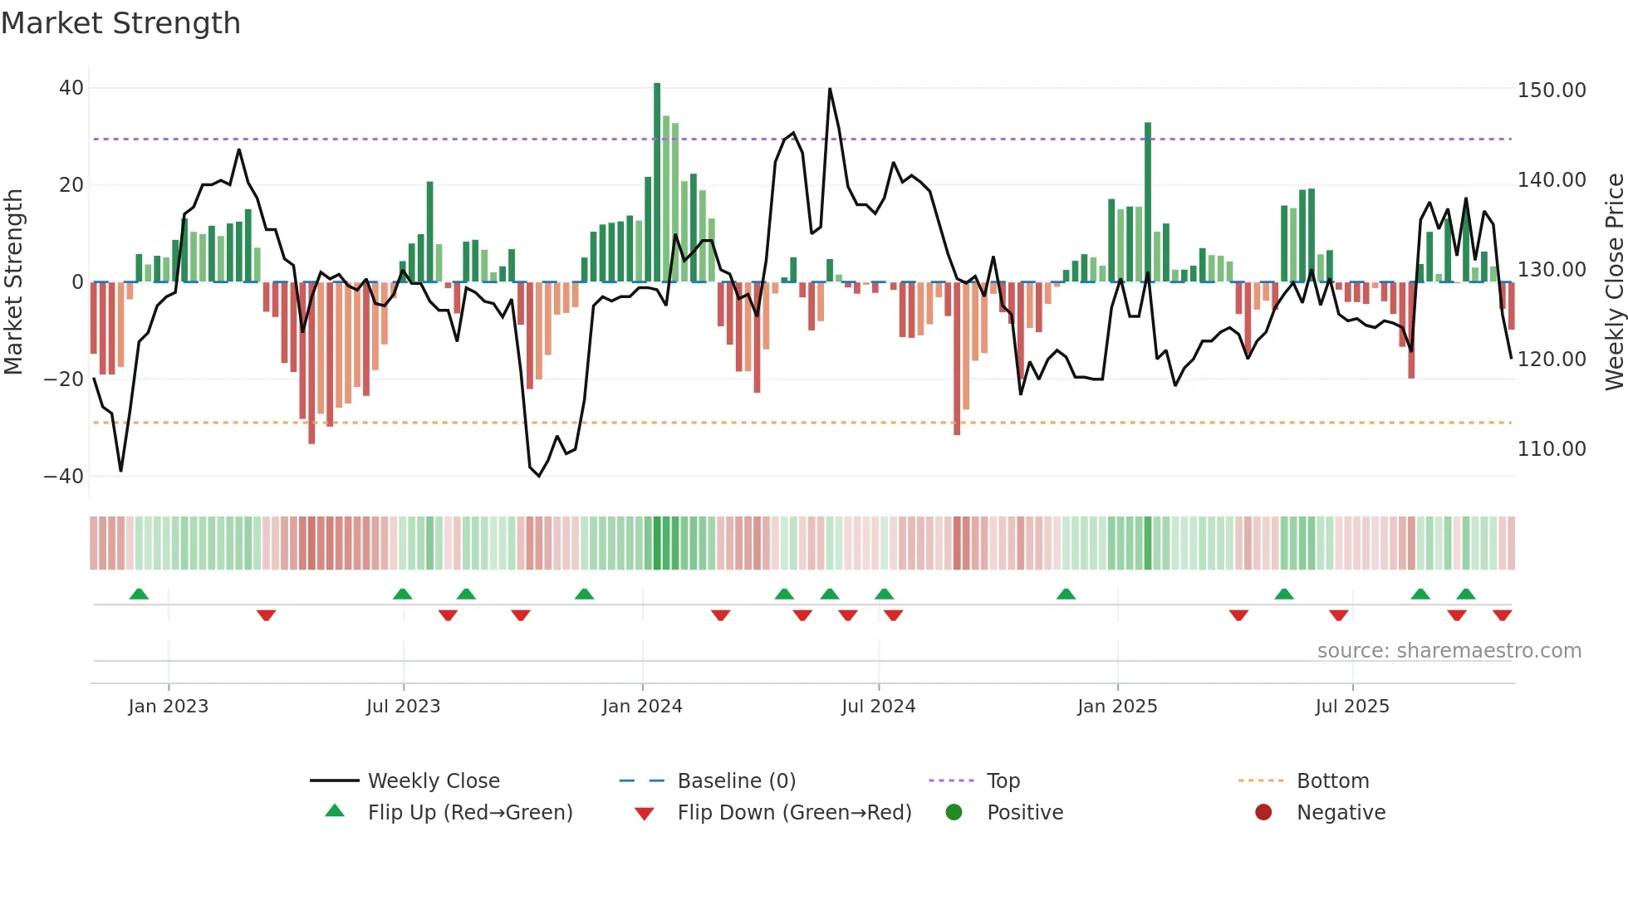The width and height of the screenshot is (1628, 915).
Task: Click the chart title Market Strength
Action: (x=120, y=23)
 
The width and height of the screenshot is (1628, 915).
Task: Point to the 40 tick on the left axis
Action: (x=71, y=88)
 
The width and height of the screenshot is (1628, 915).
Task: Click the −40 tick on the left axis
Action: (x=64, y=477)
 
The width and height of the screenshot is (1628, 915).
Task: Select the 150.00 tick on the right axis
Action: (x=1551, y=91)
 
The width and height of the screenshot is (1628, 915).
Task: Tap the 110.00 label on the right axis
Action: (x=1551, y=449)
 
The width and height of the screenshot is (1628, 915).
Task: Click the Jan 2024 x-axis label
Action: (x=641, y=707)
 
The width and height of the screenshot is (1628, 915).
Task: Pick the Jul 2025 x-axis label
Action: (x=1351, y=707)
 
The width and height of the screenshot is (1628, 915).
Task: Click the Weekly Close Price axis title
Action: (x=1614, y=282)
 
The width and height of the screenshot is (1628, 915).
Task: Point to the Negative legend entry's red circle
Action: (x=1263, y=813)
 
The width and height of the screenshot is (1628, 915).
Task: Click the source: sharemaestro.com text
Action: (x=1449, y=651)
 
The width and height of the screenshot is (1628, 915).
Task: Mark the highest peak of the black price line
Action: (x=830, y=89)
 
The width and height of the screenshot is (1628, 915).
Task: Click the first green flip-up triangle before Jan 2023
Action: (x=139, y=595)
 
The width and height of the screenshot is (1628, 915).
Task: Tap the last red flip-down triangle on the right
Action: (x=1502, y=615)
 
